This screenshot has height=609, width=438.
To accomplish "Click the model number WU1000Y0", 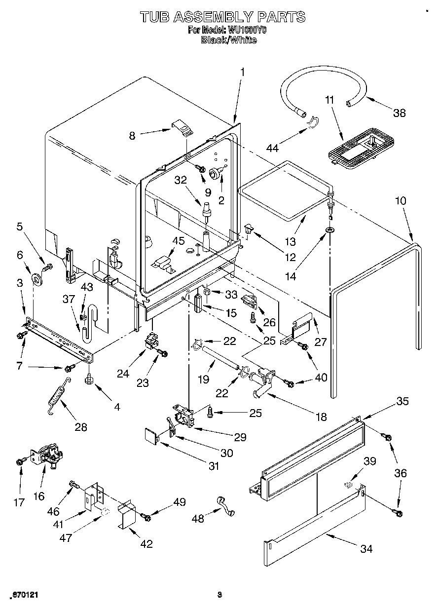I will (x=246, y=30).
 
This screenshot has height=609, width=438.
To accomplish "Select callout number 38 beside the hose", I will (x=399, y=113).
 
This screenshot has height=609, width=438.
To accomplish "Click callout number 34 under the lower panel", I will (x=366, y=548).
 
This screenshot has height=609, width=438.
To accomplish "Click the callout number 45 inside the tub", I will (x=178, y=241).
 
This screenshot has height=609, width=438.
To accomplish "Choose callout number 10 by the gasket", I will (x=400, y=201).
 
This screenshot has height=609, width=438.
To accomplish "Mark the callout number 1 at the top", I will (x=242, y=72).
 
